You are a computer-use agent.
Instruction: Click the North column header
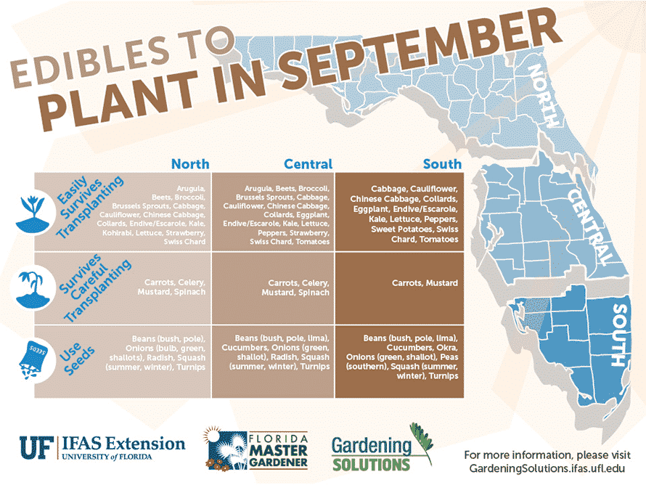point(190,164)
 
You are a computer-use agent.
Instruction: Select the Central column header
point(308,164)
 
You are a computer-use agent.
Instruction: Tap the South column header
point(442,164)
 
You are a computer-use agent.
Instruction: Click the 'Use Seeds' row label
point(77,358)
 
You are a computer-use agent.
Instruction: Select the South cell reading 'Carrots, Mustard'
point(425,283)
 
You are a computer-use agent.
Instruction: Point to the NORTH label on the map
point(544,96)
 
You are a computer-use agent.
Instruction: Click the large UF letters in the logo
point(37,448)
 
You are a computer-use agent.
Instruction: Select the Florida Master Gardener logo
point(256,449)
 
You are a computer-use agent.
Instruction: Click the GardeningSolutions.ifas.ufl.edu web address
point(547,468)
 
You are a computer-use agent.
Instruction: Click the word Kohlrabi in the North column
point(118,233)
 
